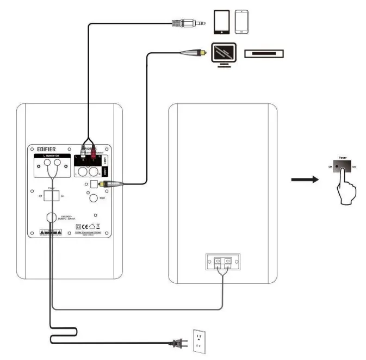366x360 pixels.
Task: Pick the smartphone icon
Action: point(241,23)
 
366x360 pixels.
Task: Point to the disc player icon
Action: point(264,53)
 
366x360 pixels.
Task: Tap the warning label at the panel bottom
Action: point(49,231)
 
